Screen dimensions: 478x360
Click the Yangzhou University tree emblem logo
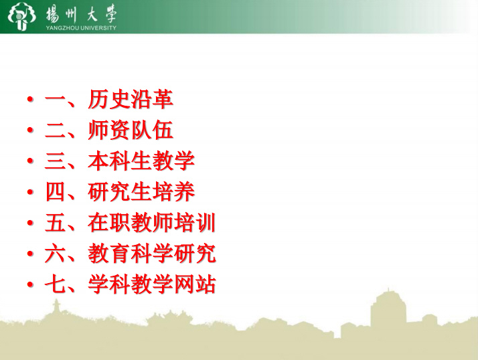coord(21,17)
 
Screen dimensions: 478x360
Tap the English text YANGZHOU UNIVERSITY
coord(81,27)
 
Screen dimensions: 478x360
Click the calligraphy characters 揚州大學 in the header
coord(82,14)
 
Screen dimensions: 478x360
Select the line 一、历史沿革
coord(109,100)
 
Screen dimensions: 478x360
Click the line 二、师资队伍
coord(109,130)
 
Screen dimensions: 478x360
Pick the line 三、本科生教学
coord(120,161)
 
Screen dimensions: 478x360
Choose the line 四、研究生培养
coord(120,192)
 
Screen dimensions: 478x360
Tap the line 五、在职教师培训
coord(131,223)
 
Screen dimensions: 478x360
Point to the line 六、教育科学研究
coord(131,254)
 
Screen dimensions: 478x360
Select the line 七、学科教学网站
coord(131,284)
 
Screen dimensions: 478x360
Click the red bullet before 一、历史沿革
coord(30,99)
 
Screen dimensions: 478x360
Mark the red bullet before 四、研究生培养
coord(30,192)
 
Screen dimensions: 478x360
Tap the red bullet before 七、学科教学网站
coord(30,284)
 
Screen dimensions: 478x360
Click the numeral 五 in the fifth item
coord(56,223)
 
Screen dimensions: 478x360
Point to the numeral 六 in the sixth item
coord(56,254)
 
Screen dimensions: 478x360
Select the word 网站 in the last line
coord(195,284)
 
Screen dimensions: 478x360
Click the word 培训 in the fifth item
coord(195,223)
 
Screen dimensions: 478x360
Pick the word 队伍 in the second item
coord(152,130)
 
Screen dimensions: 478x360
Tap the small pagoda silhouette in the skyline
coord(56,307)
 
